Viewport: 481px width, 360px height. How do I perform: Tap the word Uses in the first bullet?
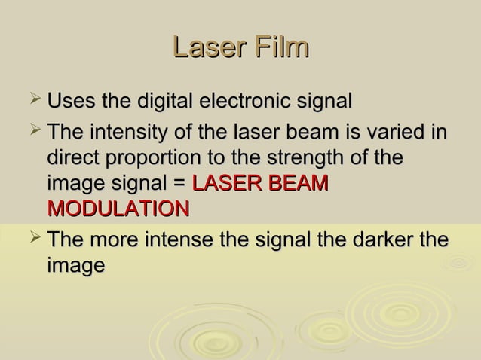70,101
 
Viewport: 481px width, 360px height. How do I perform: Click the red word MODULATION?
118,209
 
